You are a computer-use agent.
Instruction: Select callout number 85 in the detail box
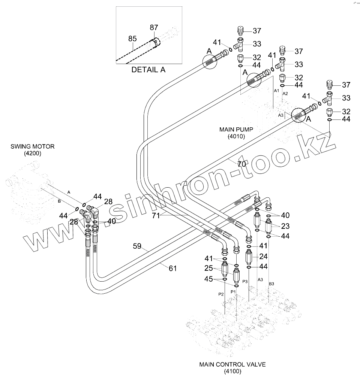tap(132, 39)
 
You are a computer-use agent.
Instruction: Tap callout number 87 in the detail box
tap(154, 27)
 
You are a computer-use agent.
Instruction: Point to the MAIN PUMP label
tap(236, 130)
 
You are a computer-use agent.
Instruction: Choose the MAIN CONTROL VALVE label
tap(232, 364)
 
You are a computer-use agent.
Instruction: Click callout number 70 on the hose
tap(241, 164)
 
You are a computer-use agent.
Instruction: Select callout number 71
tap(156, 215)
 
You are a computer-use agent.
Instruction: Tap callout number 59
tap(137, 246)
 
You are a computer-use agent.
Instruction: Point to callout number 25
tap(208, 269)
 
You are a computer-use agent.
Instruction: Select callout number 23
tap(285, 226)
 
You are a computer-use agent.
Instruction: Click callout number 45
tap(208, 279)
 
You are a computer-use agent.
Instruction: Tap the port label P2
tap(221, 294)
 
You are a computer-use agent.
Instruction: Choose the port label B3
tap(271, 284)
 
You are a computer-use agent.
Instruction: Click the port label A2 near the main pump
tap(285, 93)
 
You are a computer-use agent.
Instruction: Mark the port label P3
tap(245, 281)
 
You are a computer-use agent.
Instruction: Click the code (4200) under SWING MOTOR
tap(33, 153)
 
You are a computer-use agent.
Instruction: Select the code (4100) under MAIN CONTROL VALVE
tap(232, 372)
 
